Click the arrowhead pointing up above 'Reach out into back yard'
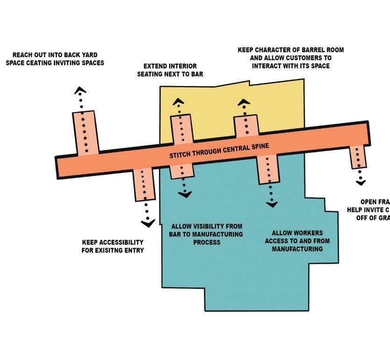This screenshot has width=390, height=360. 80,90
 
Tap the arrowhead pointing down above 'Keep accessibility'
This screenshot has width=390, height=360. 148,223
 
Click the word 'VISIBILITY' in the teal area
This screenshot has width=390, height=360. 203,226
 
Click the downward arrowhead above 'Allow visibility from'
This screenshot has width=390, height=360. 185,194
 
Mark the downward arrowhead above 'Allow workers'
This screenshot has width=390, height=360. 272,204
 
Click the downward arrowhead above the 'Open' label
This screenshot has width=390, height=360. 360,182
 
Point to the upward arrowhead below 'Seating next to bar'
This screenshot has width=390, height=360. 178,101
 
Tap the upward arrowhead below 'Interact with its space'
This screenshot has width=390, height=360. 244,101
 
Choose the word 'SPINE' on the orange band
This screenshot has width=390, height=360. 260,147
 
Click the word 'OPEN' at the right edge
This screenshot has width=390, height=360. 369,202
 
